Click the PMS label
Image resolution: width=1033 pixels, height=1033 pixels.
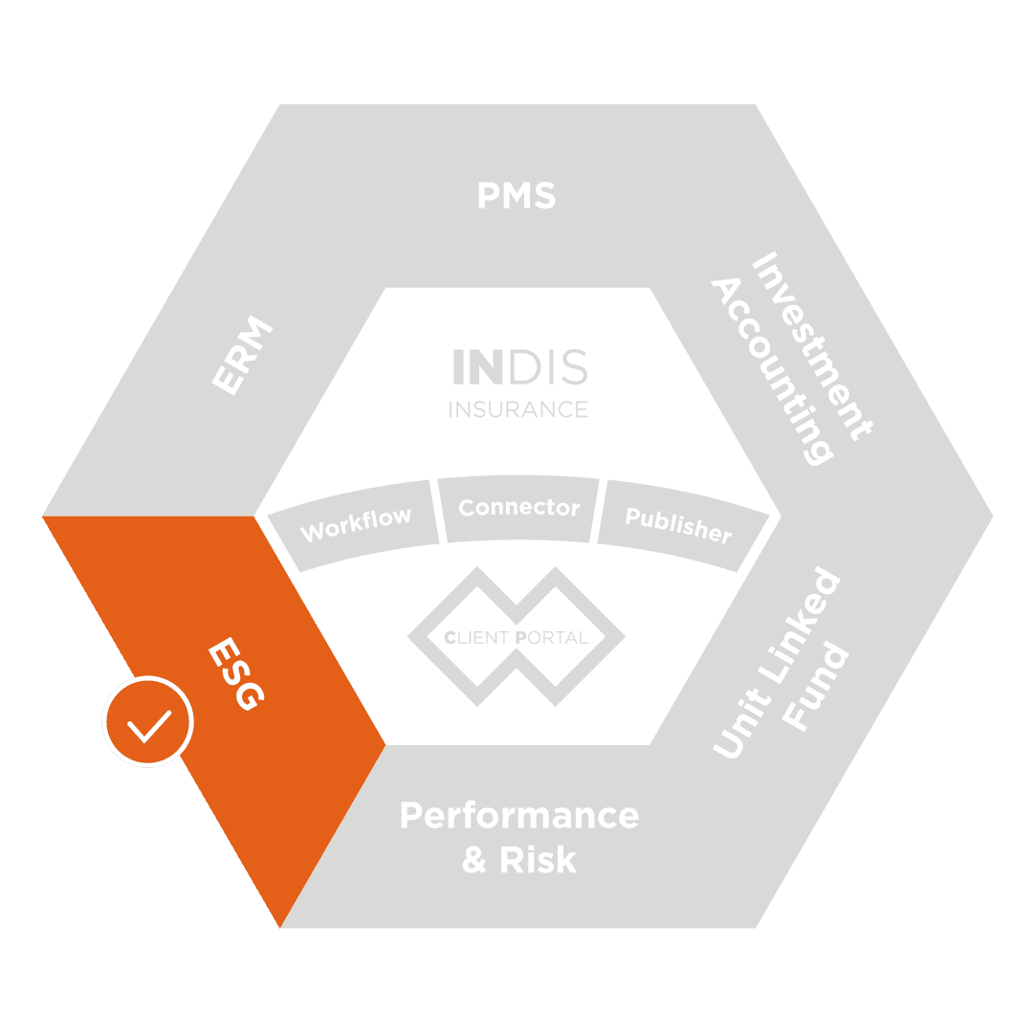(516, 196)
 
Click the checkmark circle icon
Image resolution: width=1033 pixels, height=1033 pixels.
(148, 723)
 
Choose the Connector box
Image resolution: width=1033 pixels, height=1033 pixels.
(518, 507)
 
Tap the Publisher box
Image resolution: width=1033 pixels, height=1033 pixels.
(678, 524)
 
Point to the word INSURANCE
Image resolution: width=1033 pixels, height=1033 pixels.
(518, 409)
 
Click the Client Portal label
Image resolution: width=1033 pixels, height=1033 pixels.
(516, 637)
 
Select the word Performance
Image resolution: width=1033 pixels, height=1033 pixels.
(518, 816)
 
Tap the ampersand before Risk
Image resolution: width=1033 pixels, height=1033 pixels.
(474, 860)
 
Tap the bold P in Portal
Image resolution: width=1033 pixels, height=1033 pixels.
(519, 637)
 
